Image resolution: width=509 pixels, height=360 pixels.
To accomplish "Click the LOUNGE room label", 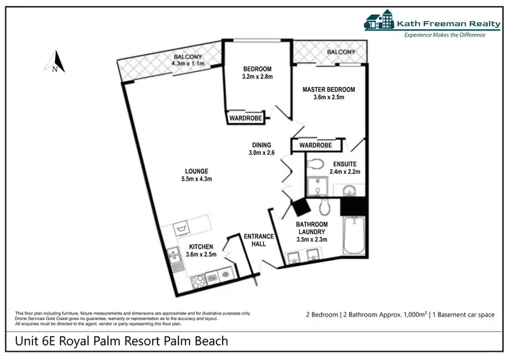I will click(x=196, y=170).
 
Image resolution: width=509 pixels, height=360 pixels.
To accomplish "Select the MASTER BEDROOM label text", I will click(x=328, y=89).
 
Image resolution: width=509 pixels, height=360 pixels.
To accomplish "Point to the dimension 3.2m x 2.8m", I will click(x=257, y=77).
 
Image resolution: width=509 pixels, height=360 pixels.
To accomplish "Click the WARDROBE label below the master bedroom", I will click(x=316, y=145).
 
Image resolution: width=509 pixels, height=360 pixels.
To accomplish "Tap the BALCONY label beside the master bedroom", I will click(x=341, y=52).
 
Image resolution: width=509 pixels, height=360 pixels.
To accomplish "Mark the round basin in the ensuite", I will click(x=350, y=190).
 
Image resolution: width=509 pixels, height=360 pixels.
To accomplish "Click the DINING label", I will click(x=261, y=145).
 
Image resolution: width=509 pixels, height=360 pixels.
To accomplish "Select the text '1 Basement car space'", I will click(x=468, y=314).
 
